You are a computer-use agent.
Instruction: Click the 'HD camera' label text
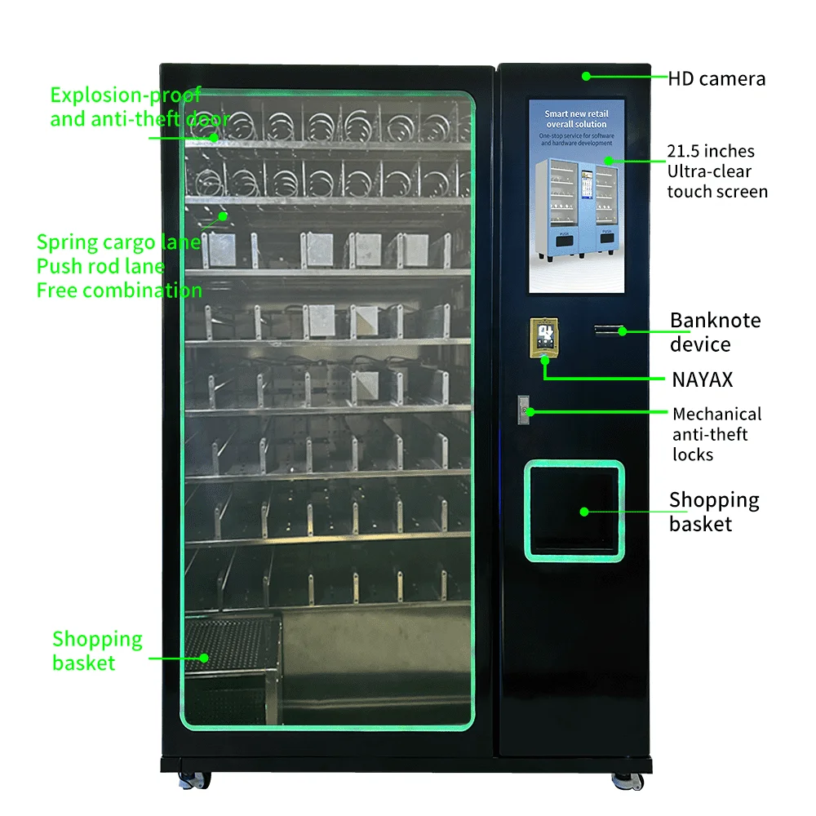pos(716,79)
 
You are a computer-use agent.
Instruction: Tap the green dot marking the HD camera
pos(586,76)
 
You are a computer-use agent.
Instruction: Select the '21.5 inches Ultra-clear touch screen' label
pos(716,171)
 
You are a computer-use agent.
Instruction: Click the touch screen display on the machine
pos(576,196)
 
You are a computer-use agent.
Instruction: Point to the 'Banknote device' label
pos(715,332)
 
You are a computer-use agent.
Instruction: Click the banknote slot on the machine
pos(608,330)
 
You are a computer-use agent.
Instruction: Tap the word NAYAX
pos(702,379)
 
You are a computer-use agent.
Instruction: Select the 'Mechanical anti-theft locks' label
pos(716,434)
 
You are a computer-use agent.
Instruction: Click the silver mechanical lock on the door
pos(525,407)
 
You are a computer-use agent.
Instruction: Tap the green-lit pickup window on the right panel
pos(574,511)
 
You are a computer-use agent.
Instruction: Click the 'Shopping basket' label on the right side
pos(713,512)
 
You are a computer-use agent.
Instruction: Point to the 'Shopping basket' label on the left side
pos(96,650)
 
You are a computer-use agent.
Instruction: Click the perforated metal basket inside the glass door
pos(233,653)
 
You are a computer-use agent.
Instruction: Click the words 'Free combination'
pos(119,290)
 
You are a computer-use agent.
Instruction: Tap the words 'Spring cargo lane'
pos(118,242)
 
